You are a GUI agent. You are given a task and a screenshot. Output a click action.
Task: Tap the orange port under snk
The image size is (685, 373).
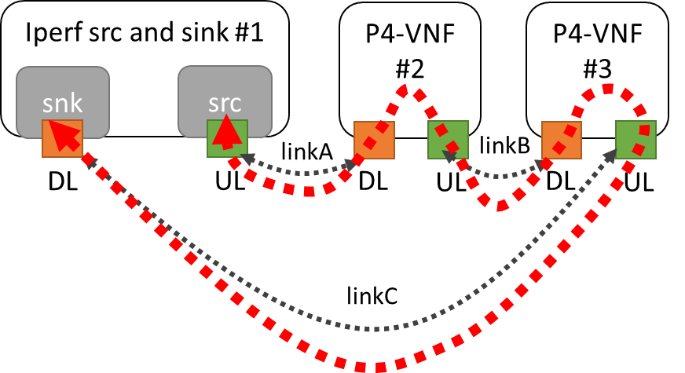62,137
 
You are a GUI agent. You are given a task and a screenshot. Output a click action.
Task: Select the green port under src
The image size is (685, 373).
227,138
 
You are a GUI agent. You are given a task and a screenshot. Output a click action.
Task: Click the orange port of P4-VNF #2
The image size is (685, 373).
374,141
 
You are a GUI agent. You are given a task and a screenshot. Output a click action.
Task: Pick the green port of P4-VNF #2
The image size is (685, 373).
448,140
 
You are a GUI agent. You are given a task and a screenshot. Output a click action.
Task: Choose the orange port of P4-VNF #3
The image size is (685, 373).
562,141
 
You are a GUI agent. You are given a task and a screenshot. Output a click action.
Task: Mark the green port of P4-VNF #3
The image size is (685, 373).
635,140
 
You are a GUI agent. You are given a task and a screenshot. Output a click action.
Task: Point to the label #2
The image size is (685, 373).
409,69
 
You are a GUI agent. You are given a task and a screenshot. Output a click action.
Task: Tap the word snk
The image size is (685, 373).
62,105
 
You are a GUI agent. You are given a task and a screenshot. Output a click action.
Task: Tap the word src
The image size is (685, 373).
225,105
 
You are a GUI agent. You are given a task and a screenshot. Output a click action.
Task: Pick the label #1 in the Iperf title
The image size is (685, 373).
247,35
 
